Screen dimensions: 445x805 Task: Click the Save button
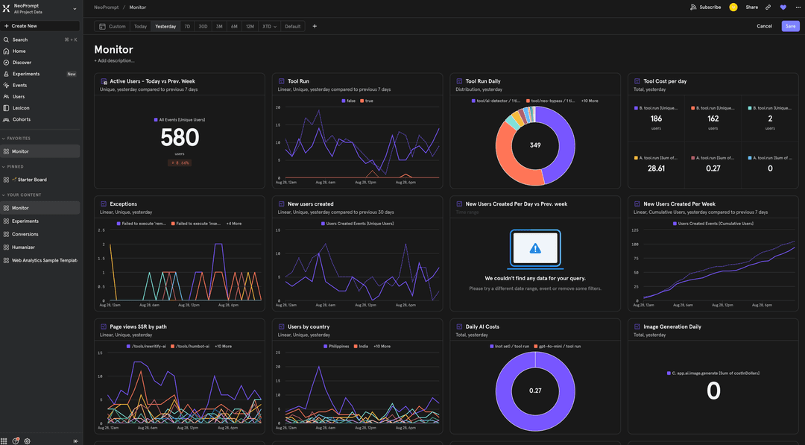tap(790, 26)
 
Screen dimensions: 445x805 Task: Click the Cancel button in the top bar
tap(764, 26)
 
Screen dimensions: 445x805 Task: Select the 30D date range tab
tap(203, 26)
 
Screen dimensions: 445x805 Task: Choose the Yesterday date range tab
tap(165, 26)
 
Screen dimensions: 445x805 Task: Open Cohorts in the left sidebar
tap(22, 119)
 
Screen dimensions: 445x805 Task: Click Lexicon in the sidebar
tap(21, 108)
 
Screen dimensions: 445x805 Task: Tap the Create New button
tap(24, 25)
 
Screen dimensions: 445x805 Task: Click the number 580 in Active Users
tap(180, 137)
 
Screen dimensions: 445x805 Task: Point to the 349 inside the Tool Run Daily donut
tap(534, 145)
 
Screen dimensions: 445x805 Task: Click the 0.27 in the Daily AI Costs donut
tap(534, 391)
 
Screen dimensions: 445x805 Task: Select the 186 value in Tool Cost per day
tap(656, 119)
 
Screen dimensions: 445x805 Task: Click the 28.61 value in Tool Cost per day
tap(656, 168)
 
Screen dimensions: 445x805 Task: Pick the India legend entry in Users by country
tap(363, 346)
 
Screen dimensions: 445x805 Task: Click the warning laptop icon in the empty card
tap(534, 248)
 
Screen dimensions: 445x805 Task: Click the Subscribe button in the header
tap(706, 7)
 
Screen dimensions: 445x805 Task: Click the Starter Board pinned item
tap(29, 180)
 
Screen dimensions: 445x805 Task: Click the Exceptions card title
tap(123, 203)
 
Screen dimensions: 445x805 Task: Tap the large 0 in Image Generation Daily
tap(713, 391)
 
